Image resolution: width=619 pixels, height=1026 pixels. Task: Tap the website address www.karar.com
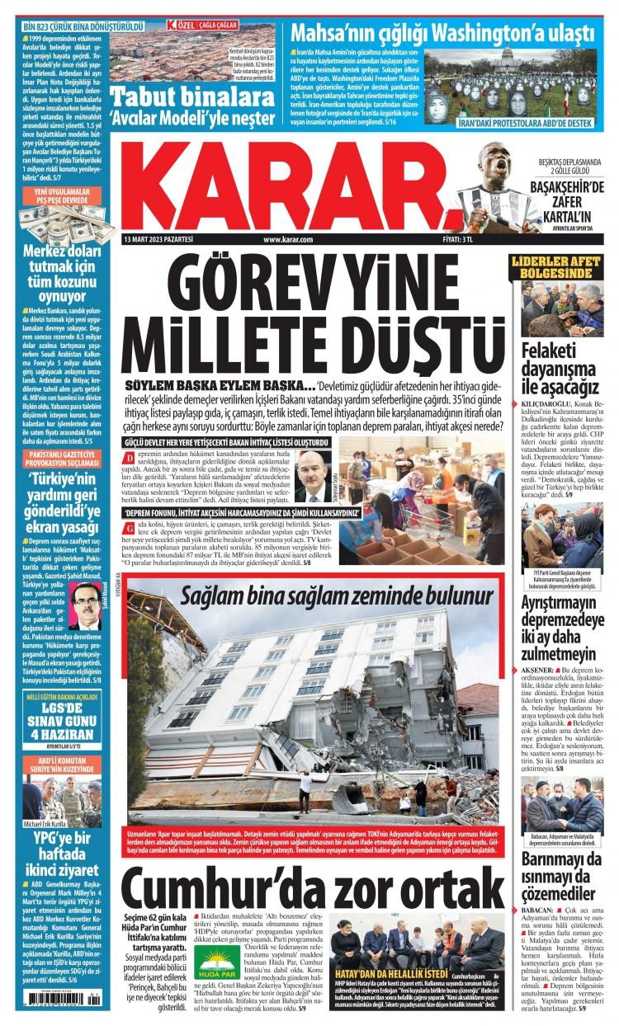pyautogui.click(x=287, y=239)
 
